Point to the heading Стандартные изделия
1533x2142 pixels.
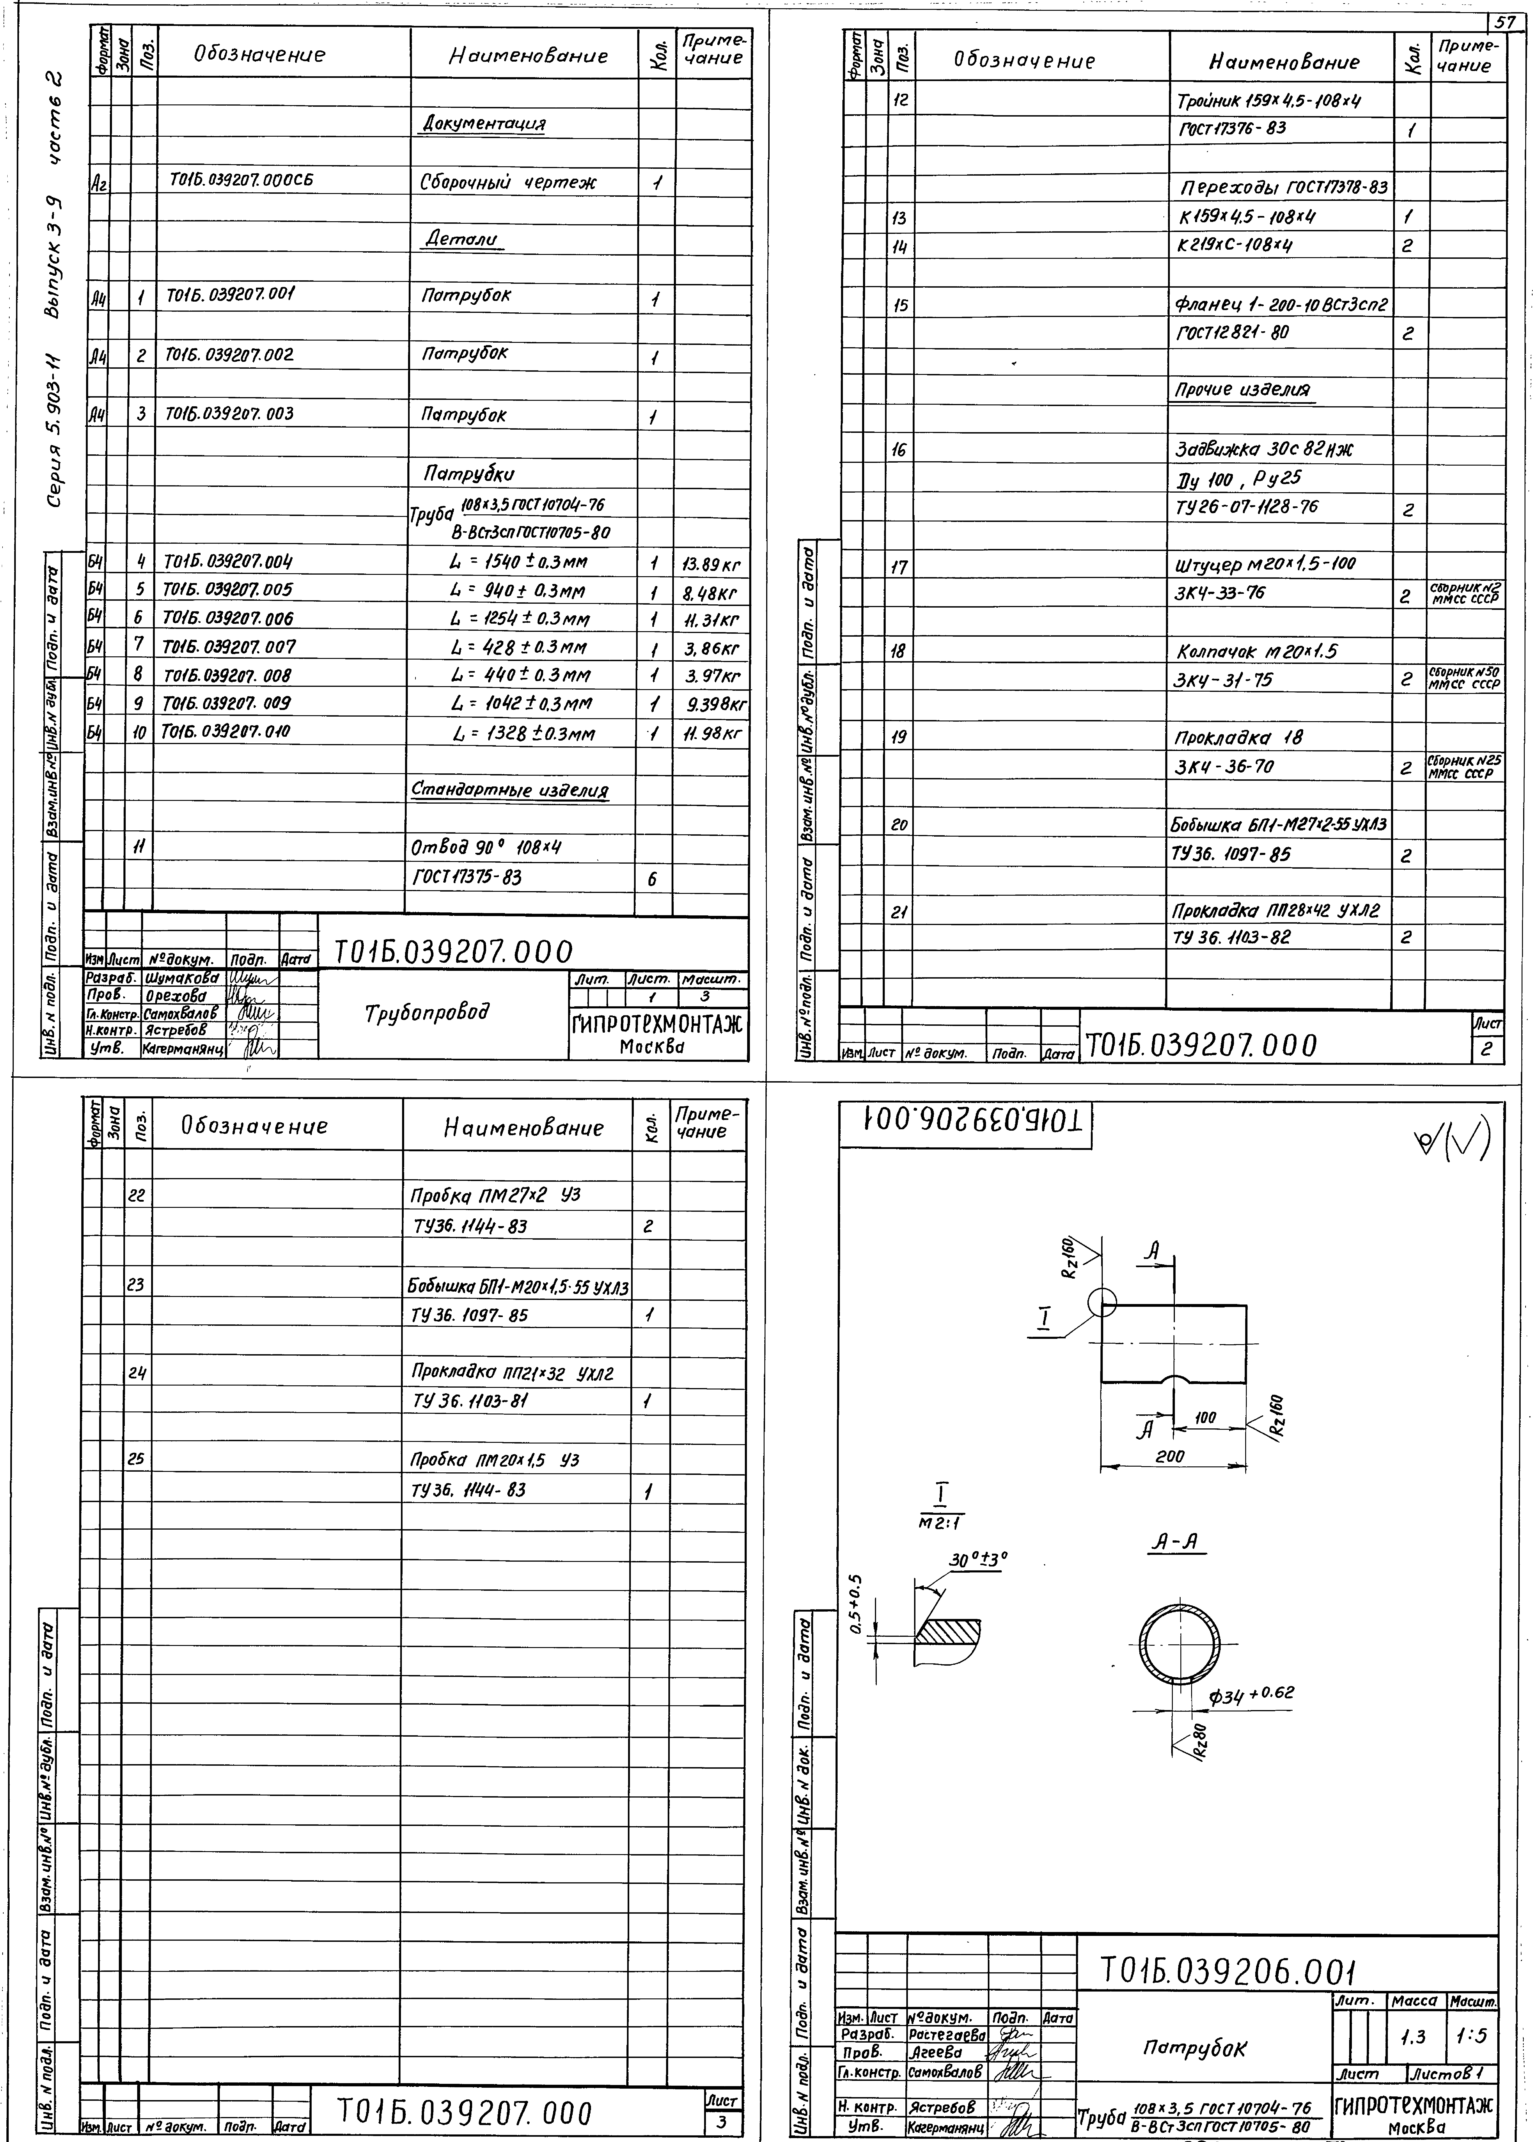click(510, 790)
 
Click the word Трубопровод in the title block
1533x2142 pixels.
click(428, 1013)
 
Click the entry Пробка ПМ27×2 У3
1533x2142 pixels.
click(496, 1195)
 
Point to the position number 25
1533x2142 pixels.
click(137, 1459)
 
